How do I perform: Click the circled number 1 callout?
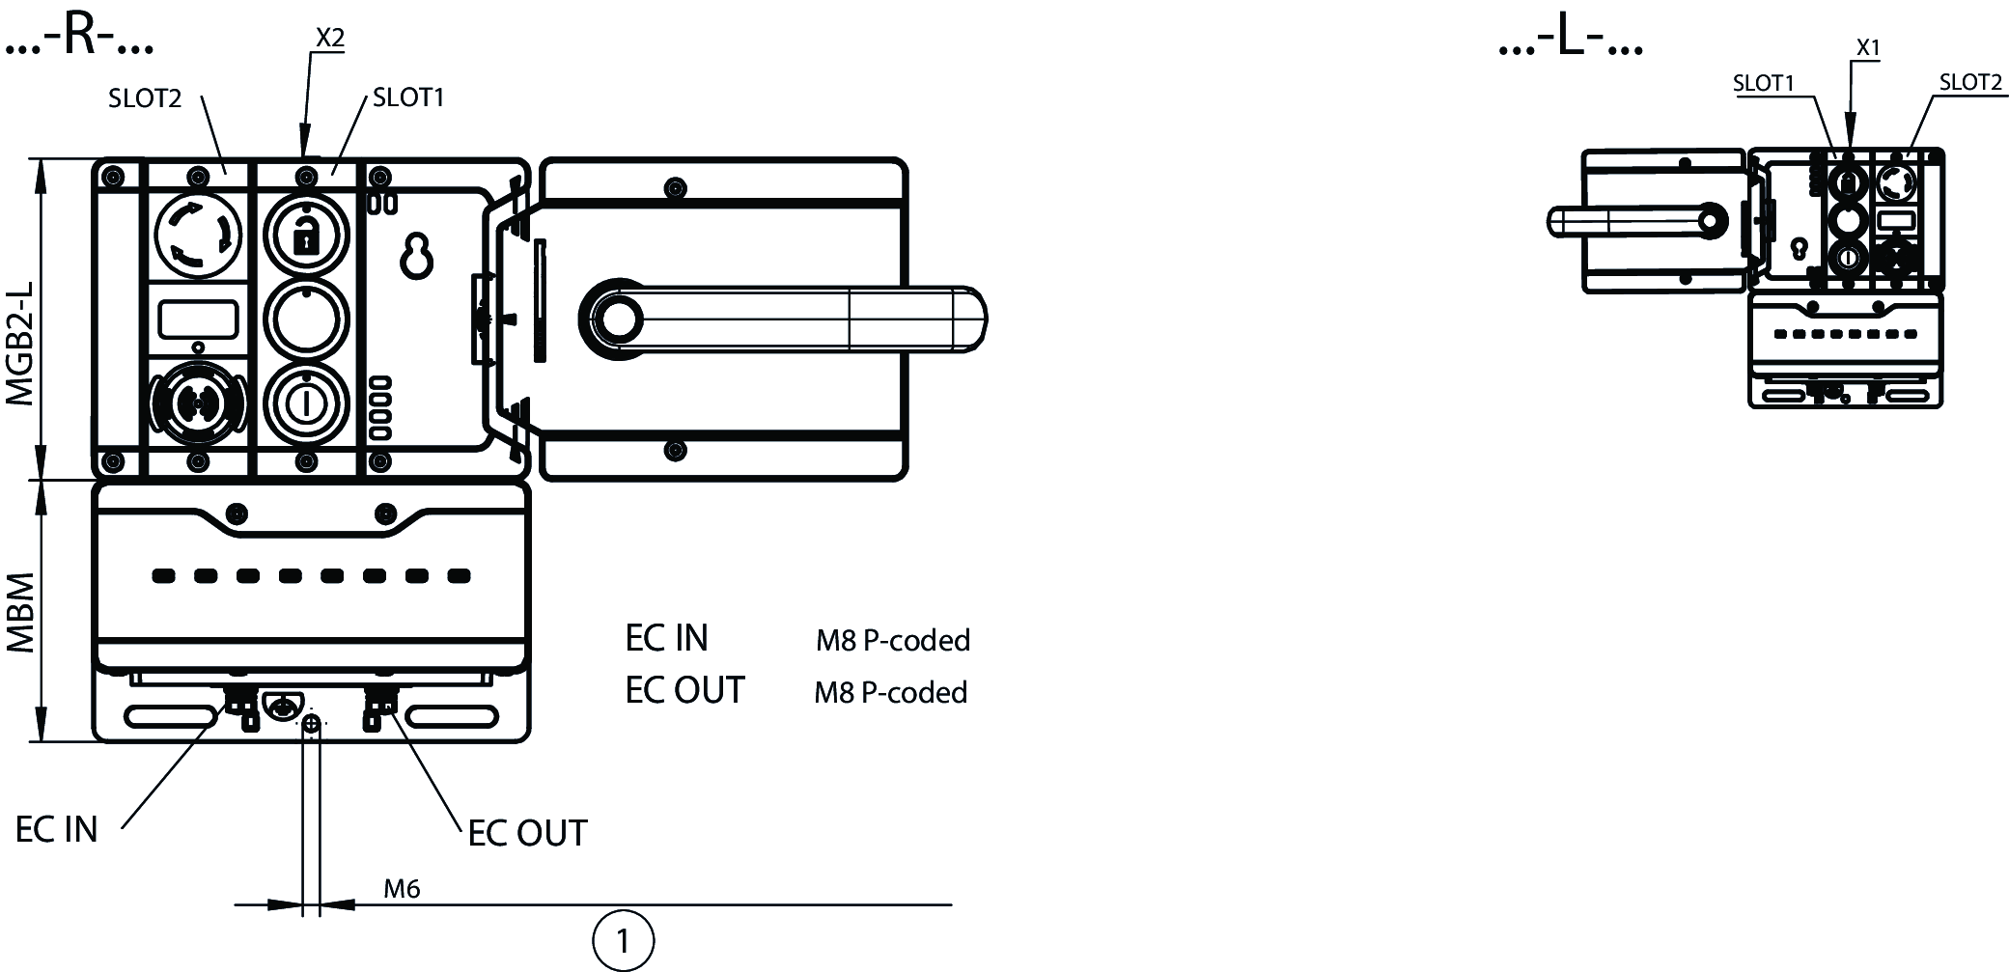tap(623, 940)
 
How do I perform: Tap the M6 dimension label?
tap(402, 889)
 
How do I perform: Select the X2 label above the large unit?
tap(330, 38)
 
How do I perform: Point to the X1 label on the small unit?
tap(1868, 47)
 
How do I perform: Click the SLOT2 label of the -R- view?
tap(145, 98)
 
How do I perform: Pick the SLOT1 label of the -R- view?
tap(408, 97)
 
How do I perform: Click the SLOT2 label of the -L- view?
tap(1970, 83)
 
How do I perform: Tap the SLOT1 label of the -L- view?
tap(1763, 84)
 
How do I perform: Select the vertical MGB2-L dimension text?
tap(21, 343)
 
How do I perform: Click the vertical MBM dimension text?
tap(21, 613)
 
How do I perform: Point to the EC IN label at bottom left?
tap(57, 829)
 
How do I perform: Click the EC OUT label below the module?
tap(527, 833)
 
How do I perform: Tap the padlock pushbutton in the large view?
tap(305, 235)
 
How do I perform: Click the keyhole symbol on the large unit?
tap(417, 255)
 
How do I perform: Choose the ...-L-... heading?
tap(1570, 42)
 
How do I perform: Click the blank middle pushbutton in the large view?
tap(305, 319)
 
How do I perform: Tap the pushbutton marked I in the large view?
tap(305, 403)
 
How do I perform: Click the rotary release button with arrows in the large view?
tap(198, 234)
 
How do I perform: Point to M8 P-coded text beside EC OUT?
tap(890, 692)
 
